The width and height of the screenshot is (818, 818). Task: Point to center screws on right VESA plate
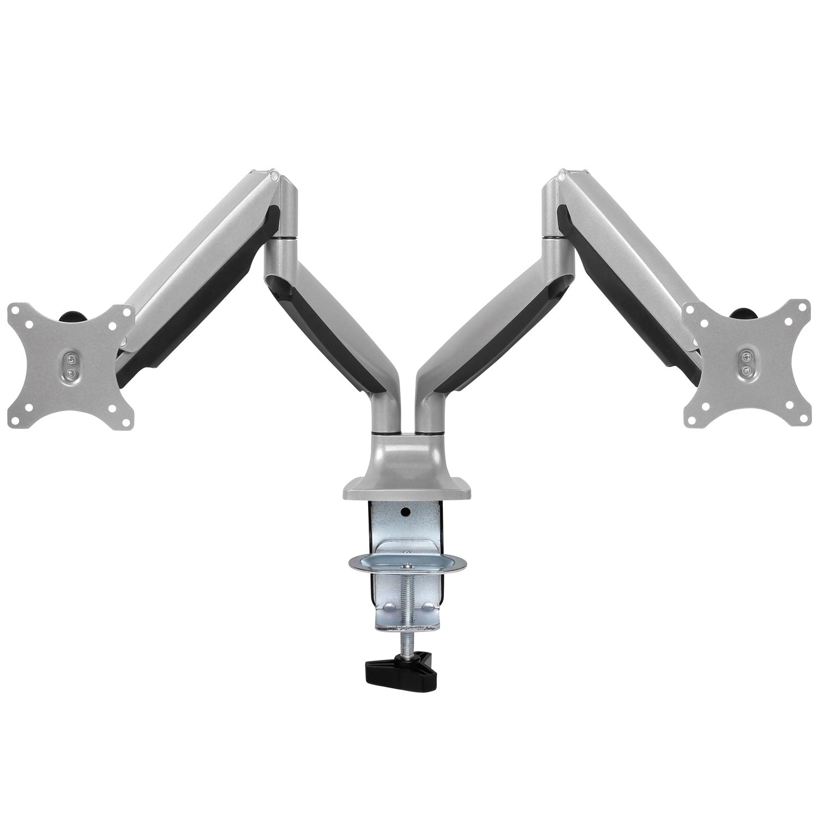(x=745, y=362)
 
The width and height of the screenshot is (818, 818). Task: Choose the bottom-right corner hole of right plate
(x=803, y=416)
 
